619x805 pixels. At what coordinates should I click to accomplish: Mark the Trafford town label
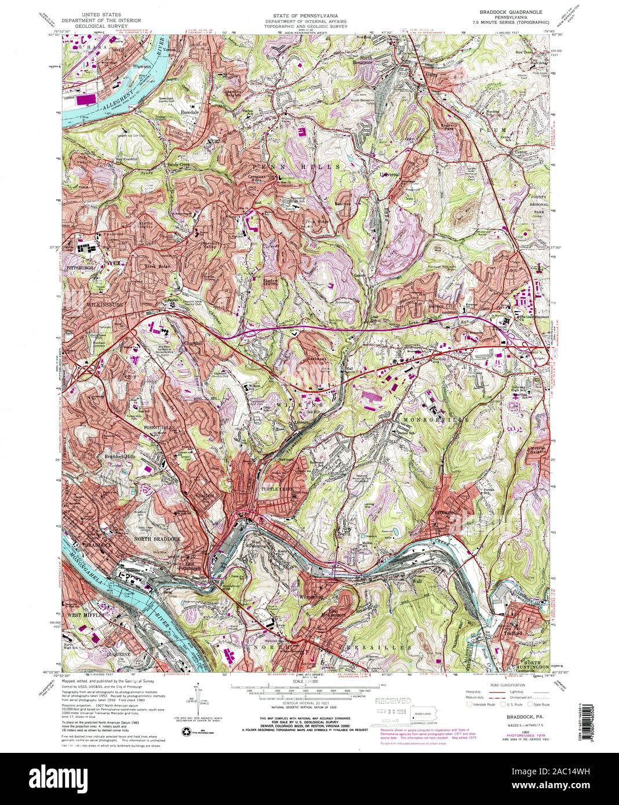(x=513, y=633)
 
